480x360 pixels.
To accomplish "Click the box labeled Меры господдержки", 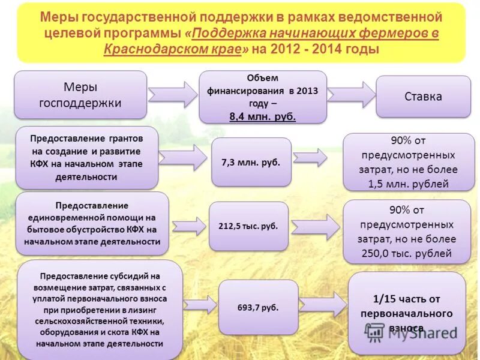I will point(80,94).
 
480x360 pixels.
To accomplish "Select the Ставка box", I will point(423,97).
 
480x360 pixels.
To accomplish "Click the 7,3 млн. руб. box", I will point(251,162).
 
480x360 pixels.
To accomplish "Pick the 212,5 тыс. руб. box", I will point(248,226).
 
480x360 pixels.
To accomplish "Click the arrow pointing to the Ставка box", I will point(351,95).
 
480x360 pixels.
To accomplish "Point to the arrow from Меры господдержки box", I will point(172,94).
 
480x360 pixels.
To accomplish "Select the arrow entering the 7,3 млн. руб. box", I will point(184,158).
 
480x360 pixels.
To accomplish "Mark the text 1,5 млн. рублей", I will point(408,184).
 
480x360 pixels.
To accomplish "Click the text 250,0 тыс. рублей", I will point(407,253).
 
